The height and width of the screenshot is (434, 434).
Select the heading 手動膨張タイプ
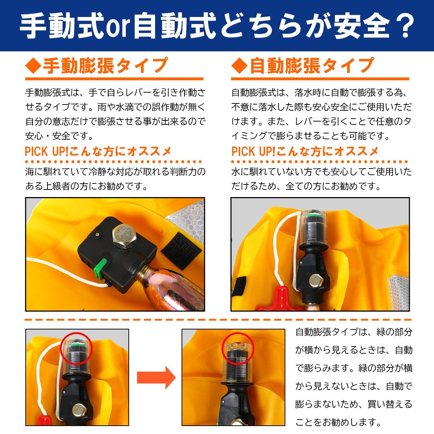(x=105, y=66)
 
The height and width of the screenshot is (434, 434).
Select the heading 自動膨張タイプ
(x=311, y=66)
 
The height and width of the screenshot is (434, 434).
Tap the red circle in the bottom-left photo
(x=77, y=348)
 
